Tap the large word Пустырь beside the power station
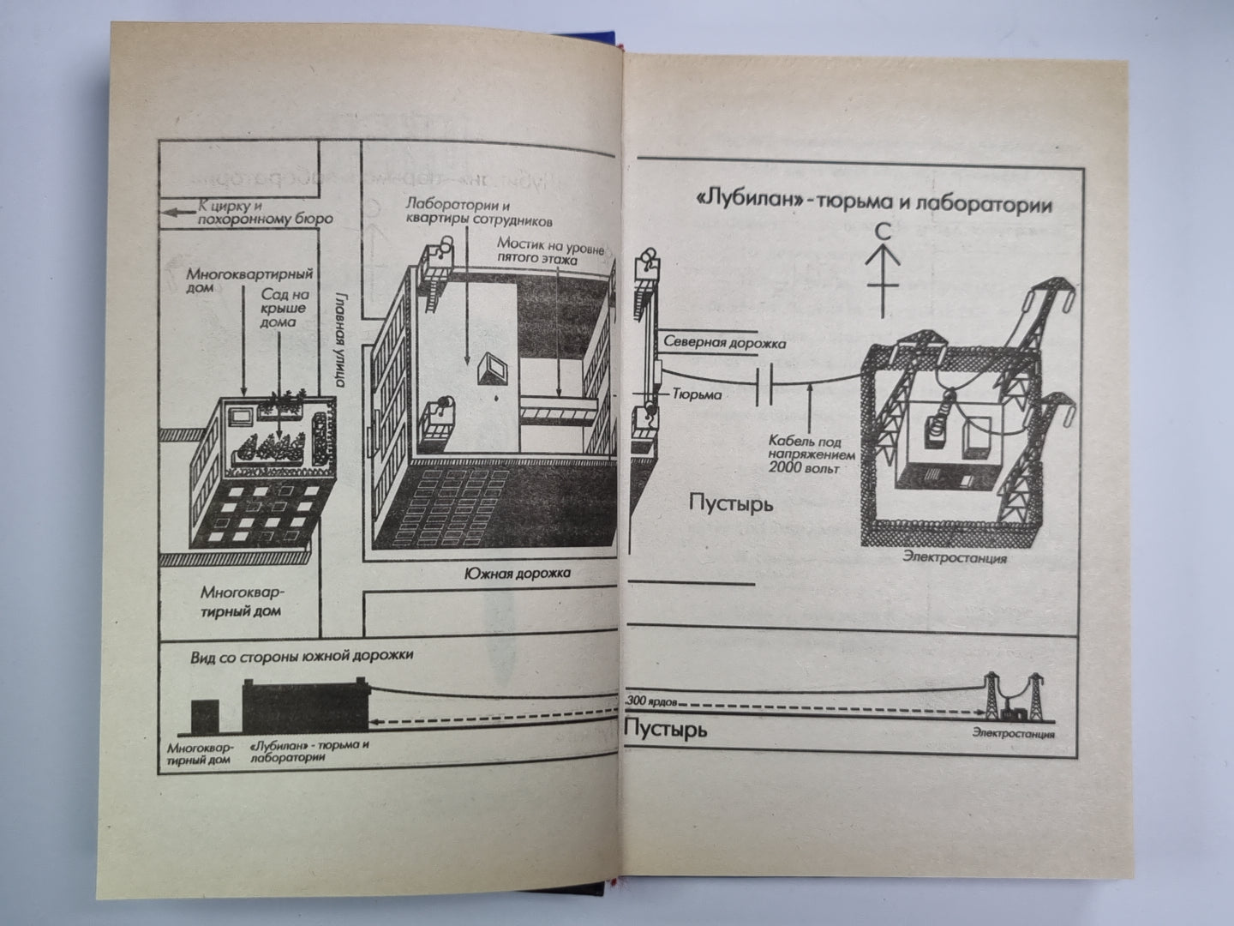click(730, 503)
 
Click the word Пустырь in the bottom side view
click(666, 731)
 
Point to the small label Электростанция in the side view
click(1013, 735)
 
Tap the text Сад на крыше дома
click(279, 308)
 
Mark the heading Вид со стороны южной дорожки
click(302, 655)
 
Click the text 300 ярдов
click(652, 701)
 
